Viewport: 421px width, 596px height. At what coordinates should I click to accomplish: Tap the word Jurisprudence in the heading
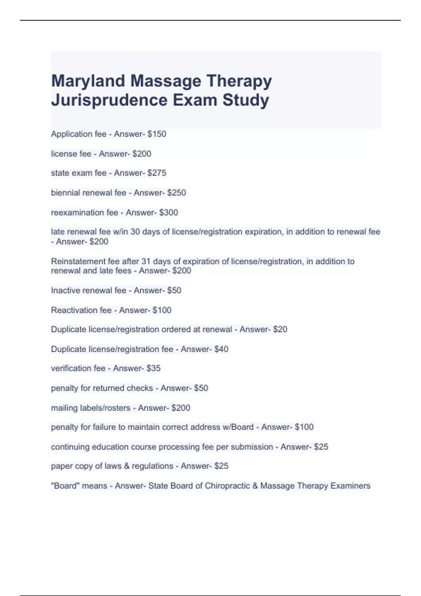[109, 100]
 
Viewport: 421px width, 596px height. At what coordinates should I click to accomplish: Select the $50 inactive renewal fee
[174, 290]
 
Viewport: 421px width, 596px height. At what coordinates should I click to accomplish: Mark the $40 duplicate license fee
[221, 349]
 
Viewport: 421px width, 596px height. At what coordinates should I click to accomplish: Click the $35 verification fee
[153, 368]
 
